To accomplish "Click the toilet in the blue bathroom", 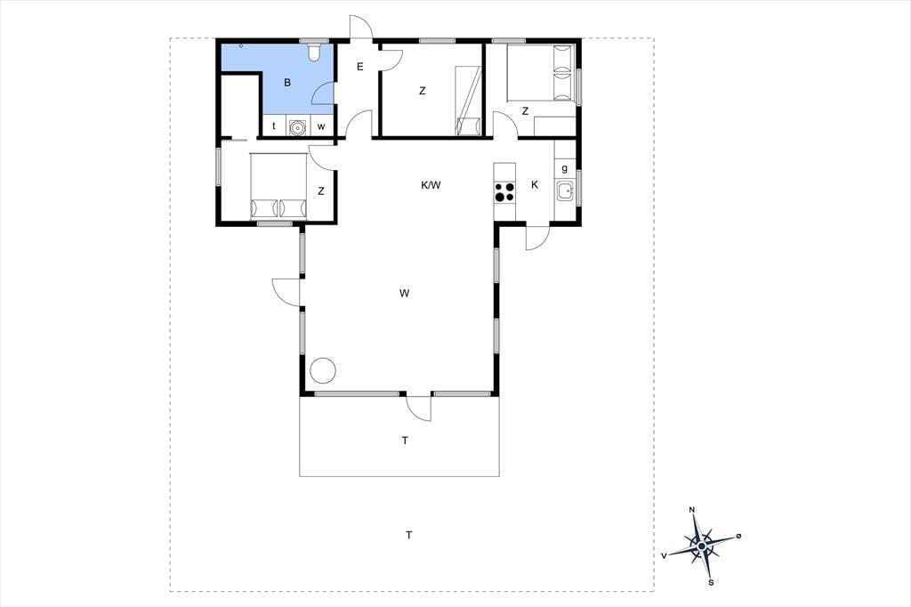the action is [x=314, y=52].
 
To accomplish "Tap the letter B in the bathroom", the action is [x=287, y=83].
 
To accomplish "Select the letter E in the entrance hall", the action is [x=359, y=67].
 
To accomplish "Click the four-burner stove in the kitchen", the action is [x=504, y=192].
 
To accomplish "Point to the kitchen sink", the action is [x=565, y=190].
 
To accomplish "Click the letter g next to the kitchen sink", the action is [x=564, y=169].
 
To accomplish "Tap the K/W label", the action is [x=431, y=185].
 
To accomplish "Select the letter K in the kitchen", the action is [x=535, y=185].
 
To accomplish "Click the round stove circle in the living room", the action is [x=322, y=369].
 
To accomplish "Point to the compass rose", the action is [x=703, y=546].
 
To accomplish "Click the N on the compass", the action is [x=691, y=510].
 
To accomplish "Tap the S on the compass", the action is [x=711, y=582].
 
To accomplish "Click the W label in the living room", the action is [x=405, y=293].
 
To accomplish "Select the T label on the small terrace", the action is [x=405, y=441].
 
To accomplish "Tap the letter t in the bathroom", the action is [x=274, y=126].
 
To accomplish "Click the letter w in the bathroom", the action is [x=321, y=126].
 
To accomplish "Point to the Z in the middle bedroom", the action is [x=423, y=91].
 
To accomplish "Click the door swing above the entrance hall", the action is [x=360, y=27].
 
